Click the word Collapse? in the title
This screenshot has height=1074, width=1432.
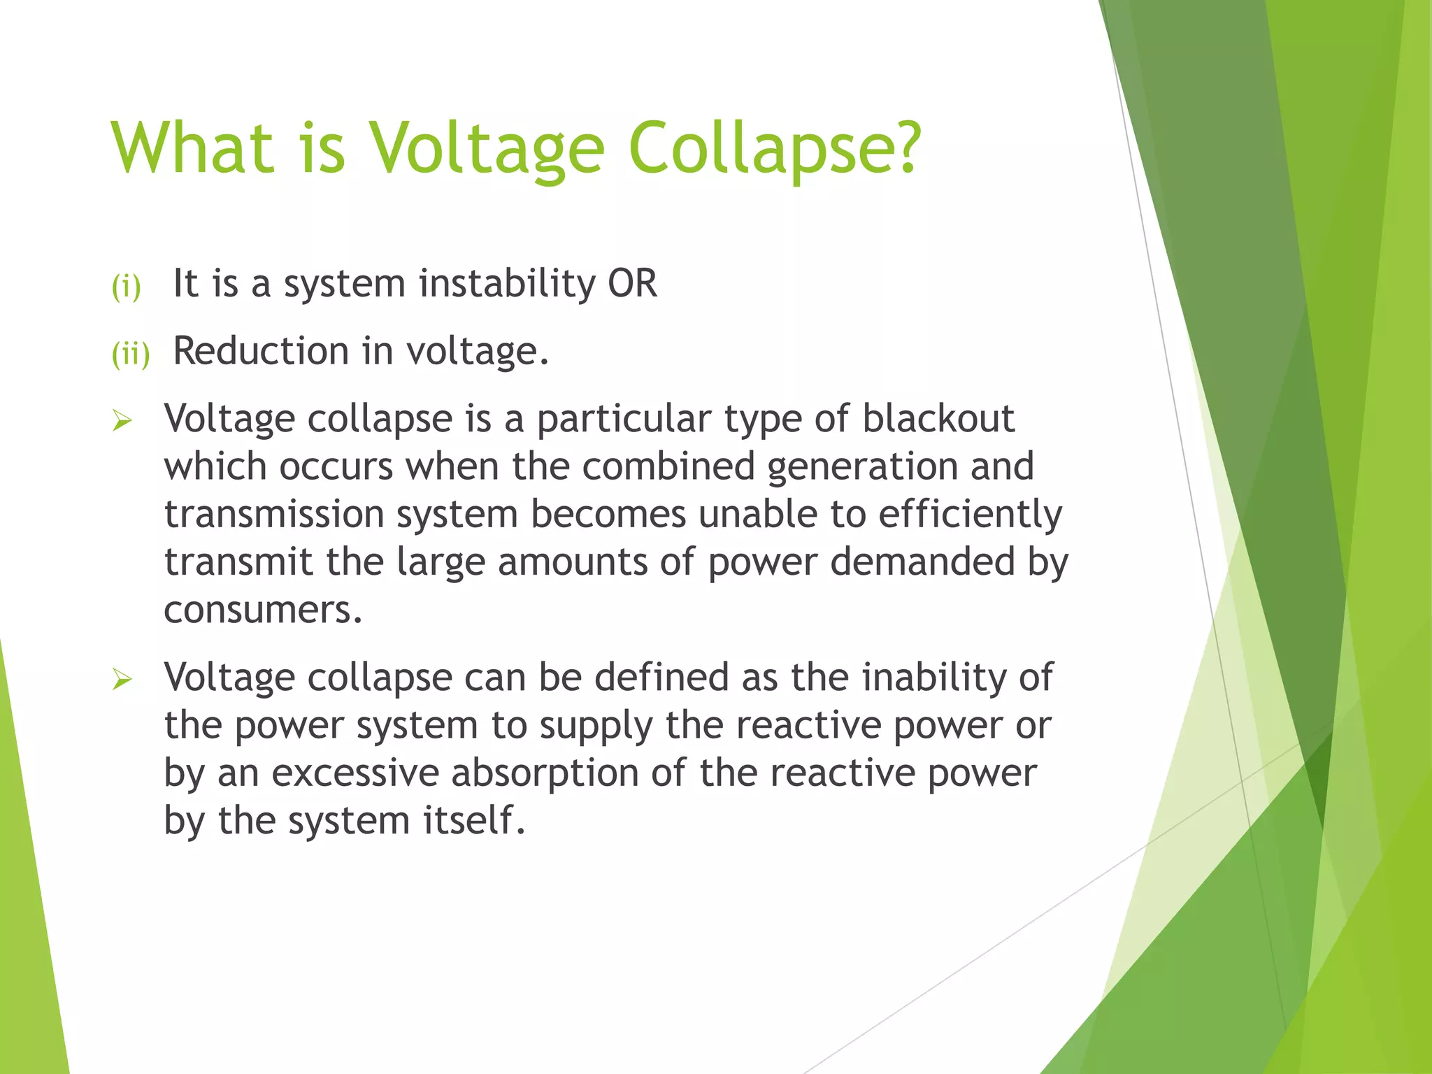click(x=775, y=148)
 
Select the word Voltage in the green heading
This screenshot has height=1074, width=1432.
click(x=486, y=148)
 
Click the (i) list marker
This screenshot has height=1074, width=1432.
click(x=127, y=286)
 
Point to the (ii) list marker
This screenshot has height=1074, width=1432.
click(x=131, y=354)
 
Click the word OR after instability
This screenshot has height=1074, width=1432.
click(x=632, y=284)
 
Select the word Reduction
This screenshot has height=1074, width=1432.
click(x=261, y=351)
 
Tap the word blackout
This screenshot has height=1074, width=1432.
click(x=938, y=419)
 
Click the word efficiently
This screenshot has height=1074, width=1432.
click(x=970, y=515)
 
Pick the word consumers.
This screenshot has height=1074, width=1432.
click(x=263, y=610)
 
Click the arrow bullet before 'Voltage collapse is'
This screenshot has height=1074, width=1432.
click(x=122, y=421)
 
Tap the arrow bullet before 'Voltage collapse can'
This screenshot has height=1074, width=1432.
click(x=122, y=679)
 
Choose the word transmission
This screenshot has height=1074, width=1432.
click(x=273, y=515)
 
